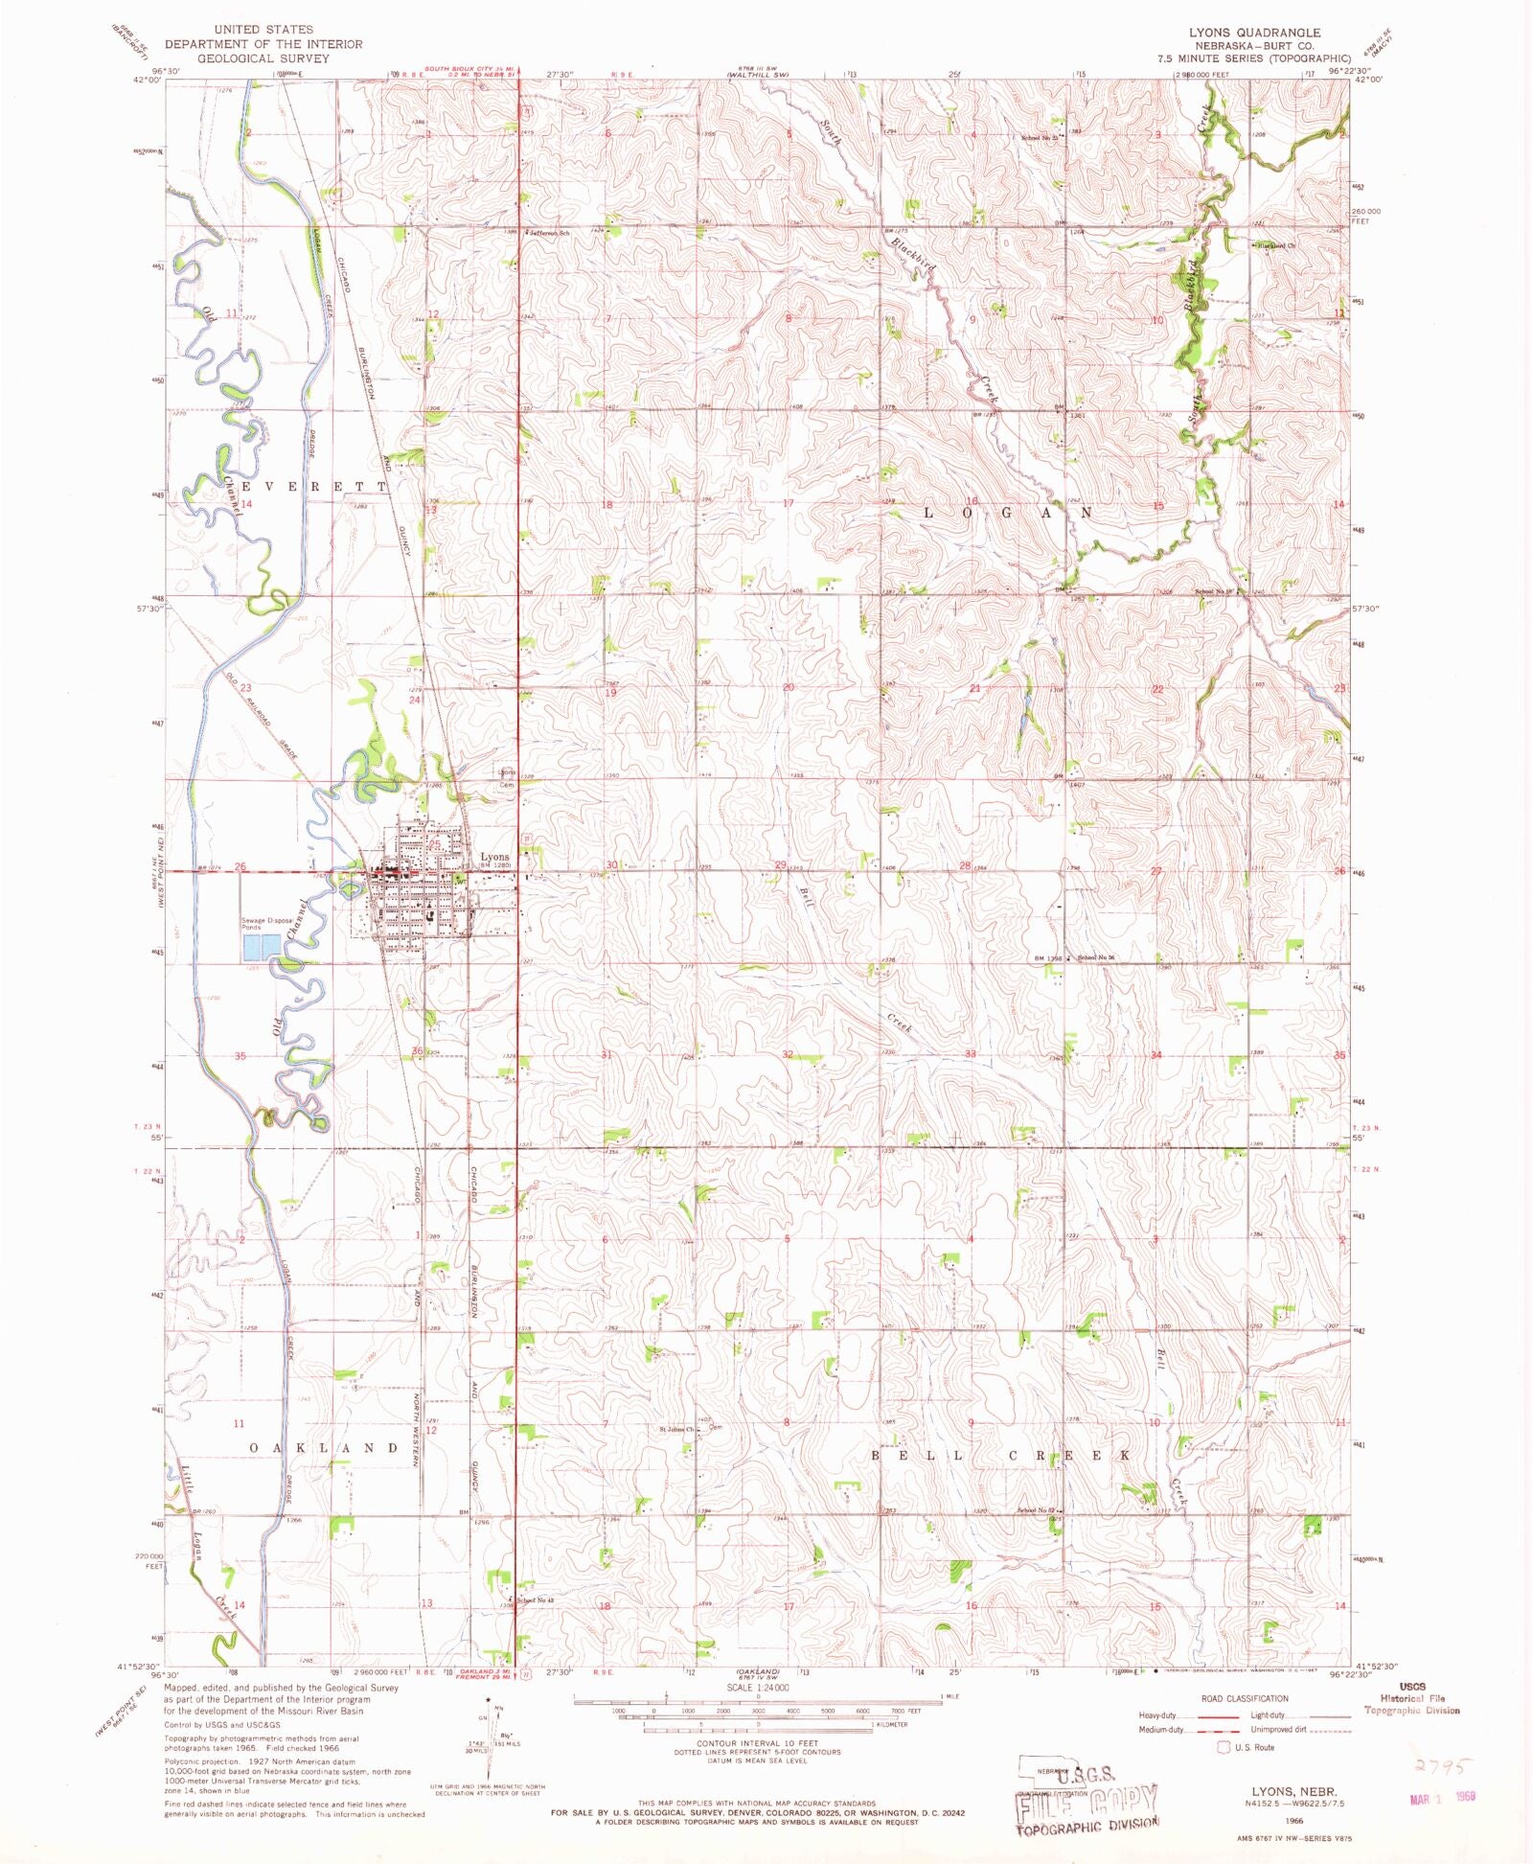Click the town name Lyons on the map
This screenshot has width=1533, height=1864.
(494, 856)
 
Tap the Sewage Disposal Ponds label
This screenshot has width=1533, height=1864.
(265, 924)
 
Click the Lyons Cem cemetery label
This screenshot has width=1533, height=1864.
(506, 778)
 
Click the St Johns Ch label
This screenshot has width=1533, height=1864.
(676, 1429)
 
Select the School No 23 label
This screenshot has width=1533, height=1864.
(1039, 138)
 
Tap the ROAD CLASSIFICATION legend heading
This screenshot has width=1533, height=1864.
(1244, 1698)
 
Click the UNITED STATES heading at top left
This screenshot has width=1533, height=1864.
(263, 30)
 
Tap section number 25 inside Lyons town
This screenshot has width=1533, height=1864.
(434, 843)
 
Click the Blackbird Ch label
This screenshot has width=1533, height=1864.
(1277, 245)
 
